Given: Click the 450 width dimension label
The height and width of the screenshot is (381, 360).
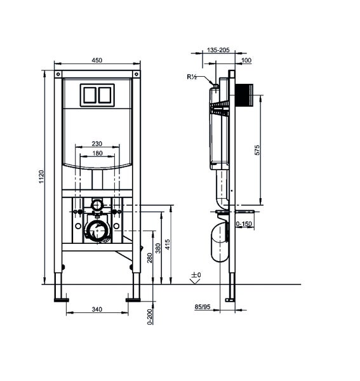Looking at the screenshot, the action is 97,60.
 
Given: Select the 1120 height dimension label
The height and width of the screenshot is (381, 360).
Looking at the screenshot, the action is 42,177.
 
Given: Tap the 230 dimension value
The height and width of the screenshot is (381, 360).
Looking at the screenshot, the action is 97,144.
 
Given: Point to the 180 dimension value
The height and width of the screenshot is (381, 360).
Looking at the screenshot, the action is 97,153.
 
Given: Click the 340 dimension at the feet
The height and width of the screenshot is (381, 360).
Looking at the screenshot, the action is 97,309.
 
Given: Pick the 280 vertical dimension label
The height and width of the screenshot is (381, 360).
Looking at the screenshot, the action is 150,258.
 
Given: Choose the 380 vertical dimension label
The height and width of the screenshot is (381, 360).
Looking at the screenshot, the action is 158,248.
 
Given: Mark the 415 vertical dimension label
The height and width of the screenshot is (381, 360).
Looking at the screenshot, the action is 168,244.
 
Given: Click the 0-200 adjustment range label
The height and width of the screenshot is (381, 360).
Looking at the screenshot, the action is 150,317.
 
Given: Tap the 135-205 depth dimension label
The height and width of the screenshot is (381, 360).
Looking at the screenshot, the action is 218,50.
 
